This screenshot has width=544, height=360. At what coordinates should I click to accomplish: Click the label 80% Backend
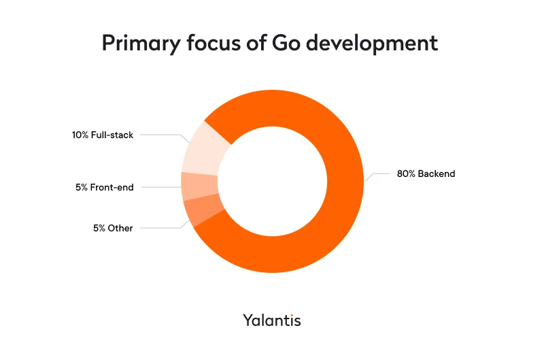[x=426, y=174]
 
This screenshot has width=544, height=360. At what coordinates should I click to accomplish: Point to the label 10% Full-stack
[x=103, y=135]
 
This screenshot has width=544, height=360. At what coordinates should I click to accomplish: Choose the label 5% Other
[x=113, y=228]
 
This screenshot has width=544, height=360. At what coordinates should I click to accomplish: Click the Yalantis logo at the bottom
[x=272, y=320]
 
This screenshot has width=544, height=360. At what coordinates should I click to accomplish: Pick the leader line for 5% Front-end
[x=160, y=187]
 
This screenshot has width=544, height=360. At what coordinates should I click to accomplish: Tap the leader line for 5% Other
[x=160, y=228]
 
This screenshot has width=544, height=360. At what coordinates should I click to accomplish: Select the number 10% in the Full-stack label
[x=80, y=135]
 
